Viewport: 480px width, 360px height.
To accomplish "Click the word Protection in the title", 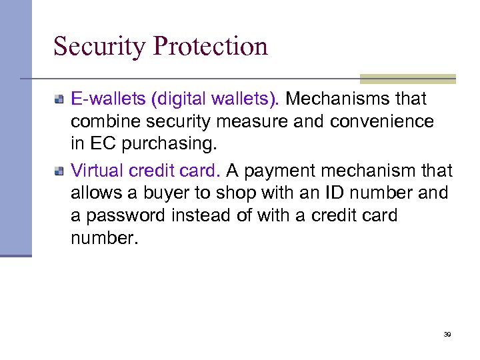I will click(x=210, y=47).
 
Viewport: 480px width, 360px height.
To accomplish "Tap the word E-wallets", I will click(x=108, y=99).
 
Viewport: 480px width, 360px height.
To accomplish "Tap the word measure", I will click(x=231, y=122).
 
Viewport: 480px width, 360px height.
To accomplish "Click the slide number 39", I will click(x=447, y=334).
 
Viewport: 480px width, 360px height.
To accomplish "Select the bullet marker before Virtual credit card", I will click(x=59, y=171).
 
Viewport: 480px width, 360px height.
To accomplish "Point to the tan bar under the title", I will click(x=407, y=79).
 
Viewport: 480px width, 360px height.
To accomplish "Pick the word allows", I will click(x=91, y=193).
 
